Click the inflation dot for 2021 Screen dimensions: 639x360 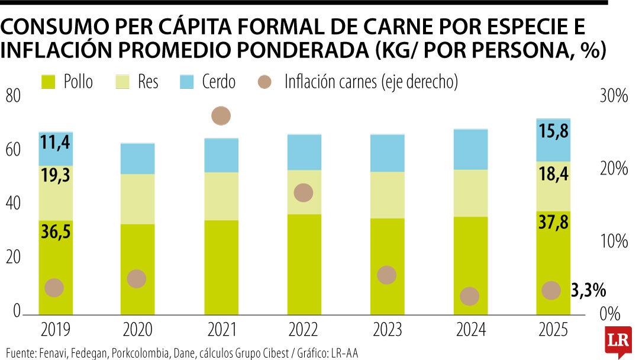click(221, 116)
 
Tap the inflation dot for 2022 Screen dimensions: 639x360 click(303, 192)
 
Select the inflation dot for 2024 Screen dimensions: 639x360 click(469, 296)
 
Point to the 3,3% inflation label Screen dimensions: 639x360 click(589, 291)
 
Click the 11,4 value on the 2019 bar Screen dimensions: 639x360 click(55, 142)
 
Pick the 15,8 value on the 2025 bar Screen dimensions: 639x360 click(553, 131)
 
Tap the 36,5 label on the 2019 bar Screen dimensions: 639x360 click(56, 232)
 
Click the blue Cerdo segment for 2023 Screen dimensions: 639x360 click(387, 153)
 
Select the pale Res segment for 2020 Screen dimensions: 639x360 click(137, 199)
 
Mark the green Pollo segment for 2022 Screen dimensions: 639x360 click(304, 264)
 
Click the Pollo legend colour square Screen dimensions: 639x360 click(48, 82)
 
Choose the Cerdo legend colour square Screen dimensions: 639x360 click(186, 82)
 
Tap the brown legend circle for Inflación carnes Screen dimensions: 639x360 click(264, 82)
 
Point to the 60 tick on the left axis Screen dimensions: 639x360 click(12, 150)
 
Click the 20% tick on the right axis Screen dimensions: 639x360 click(614, 168)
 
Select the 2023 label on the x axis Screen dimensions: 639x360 click(387, 329)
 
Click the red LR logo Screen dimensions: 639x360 click(618, 341)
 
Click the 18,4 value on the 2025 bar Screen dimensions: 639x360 click(553, 175)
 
